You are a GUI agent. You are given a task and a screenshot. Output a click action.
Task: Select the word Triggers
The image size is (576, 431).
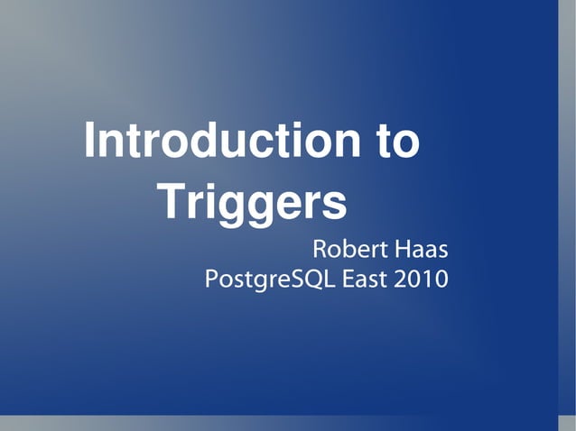click(252, 202)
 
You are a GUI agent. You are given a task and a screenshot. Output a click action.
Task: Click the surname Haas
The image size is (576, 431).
click(420, 248)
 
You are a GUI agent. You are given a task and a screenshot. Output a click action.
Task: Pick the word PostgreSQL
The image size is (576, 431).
click(272, 280)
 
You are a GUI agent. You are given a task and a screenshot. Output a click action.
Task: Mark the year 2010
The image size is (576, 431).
click(421, 279)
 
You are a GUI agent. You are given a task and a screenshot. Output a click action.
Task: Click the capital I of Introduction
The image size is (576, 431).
click(89, 142)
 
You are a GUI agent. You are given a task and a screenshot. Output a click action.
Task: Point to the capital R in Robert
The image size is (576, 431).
click(319, 248)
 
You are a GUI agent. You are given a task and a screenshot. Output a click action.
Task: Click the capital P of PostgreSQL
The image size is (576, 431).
click(211, 279)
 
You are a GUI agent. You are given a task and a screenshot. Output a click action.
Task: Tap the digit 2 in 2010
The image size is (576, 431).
click(401, 279)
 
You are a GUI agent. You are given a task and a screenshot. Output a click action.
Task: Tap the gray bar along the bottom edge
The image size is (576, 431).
click(280, 424)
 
